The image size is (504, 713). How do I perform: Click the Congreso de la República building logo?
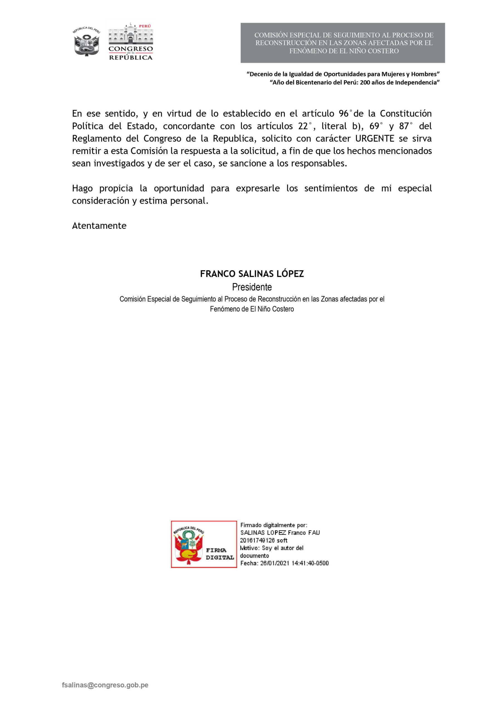click(x=130, y=41)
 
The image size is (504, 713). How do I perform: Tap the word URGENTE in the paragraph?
click(x=375, y=138)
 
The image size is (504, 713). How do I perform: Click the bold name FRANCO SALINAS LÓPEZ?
click(x=252, y=274)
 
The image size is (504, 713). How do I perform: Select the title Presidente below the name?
click(x=252, y=287)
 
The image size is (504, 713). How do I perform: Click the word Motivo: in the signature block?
click(x=250, y=548)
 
